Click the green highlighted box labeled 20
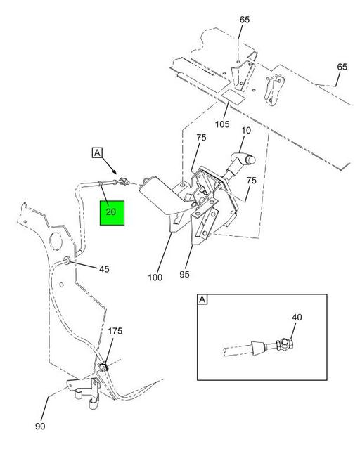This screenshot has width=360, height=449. click(x=112, y=213)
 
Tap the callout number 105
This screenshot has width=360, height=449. click(x=222, y=124)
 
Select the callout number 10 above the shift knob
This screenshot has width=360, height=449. click(x=246, y=130)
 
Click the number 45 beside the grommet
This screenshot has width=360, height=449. click(x=104, y=269)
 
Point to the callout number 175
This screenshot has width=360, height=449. click(x=115, y=331)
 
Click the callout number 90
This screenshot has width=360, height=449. click(x=40, y=427)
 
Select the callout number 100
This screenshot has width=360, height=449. click(x=155, y=278)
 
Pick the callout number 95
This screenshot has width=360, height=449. click(x=185, y=274)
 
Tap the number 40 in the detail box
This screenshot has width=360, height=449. click(x=297, y=318)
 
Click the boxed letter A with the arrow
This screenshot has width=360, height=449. click(x=97, y=152)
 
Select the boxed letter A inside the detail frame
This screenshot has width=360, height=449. click(x=202, y=299)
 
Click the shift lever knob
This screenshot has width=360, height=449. click(x=244, y=159)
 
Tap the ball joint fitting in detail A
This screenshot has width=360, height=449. click(x=284, y=345)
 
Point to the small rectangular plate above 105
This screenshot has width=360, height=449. click(x=233, y=96)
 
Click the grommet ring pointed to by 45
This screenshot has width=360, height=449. click(x=67, y=261)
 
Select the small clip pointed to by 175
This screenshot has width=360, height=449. click(x=103, y=367)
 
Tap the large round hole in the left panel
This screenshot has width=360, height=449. click(x=56, y=240)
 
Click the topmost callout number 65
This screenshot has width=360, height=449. click(x=245, y=20)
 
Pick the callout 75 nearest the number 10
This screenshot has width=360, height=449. click(x=201, y=138)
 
